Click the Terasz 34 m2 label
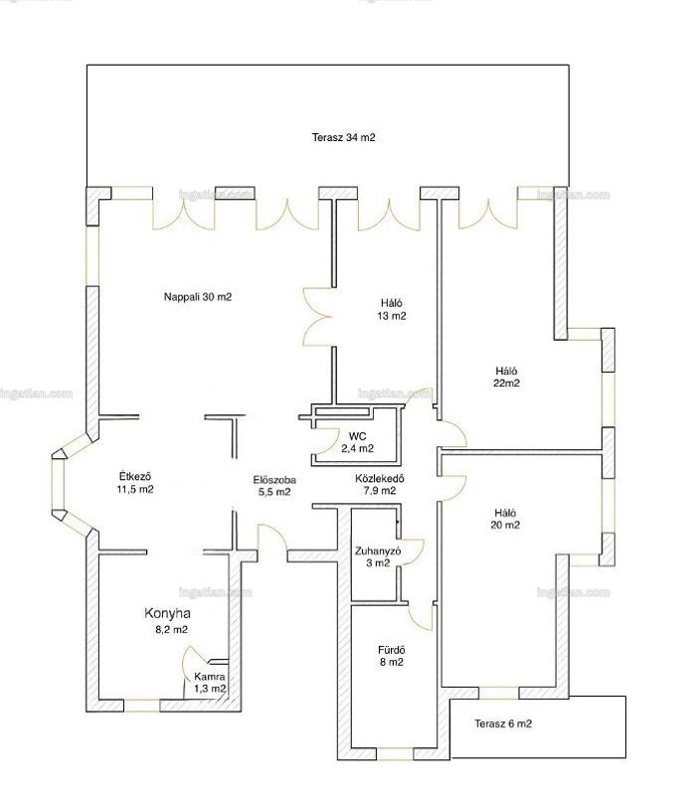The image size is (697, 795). click(343, 137)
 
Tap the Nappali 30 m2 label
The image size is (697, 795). click(197, 297)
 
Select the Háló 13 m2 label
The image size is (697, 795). click(392, 309)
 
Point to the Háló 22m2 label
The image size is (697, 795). click(506, 377)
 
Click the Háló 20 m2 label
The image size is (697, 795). click(505, 519)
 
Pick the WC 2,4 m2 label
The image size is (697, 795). click(358, 442)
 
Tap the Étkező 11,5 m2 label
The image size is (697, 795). click(135, 483)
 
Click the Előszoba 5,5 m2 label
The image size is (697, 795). click(274, 485)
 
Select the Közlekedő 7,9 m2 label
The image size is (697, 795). click(380, 484)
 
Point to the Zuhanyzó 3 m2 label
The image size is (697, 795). click(378, 556)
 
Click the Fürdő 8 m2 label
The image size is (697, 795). click(391, 656)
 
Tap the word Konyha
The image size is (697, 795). click(167, 613)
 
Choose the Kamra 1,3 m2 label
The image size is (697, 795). click(210, 683)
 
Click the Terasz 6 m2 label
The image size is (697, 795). click(503, 723)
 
